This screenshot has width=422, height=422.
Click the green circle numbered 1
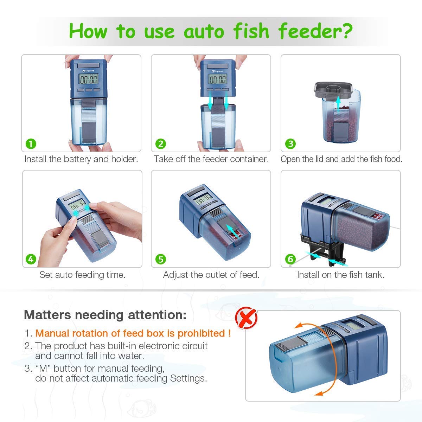point(31,144)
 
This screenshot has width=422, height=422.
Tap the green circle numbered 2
point(161,144)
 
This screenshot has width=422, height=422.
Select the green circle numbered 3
point(290,144)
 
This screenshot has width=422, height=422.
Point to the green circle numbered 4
point(31,260)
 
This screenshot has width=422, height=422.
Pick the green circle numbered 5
point(161,260)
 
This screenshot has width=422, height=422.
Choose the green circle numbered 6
point(290,260)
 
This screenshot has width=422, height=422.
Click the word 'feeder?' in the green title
point(315,31)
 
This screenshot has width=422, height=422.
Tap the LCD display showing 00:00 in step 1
point(88,79)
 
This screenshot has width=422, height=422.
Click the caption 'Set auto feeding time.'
point(82,275)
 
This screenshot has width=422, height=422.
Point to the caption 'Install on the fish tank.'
point(340,275)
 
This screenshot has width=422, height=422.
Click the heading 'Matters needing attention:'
point(105,315)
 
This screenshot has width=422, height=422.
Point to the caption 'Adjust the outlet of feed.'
point(211,275)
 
